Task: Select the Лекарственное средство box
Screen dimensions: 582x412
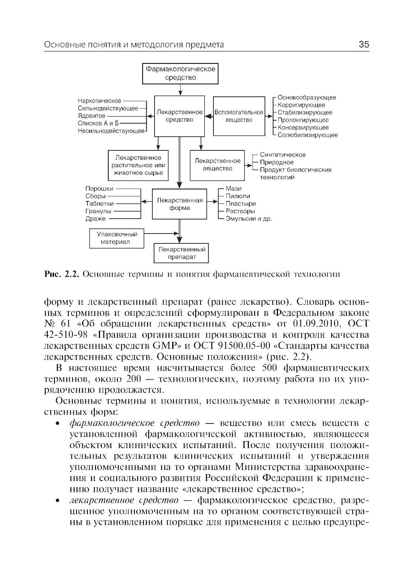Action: point(179,116)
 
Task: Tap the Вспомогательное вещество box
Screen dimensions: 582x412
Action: point(239,116)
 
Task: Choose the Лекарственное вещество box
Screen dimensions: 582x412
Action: point(218,165)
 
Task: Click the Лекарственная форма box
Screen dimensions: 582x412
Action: point(180,204)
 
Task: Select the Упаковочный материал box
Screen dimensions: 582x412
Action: point(117,238)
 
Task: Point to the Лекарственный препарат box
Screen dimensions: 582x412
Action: point(181,253)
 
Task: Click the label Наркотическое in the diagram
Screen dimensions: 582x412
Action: point(99,101)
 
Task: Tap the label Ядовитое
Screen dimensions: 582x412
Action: point(91,116)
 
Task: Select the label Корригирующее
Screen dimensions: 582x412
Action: point(301,105)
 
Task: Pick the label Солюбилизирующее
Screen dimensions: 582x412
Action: point(307,135)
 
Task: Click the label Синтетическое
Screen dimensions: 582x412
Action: point(283,155)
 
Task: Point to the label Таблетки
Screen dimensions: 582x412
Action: point(99,203)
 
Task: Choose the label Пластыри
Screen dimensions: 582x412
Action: point(241,203)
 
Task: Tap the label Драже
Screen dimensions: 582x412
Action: point(95,219)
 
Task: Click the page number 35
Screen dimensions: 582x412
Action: point(364,44)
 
